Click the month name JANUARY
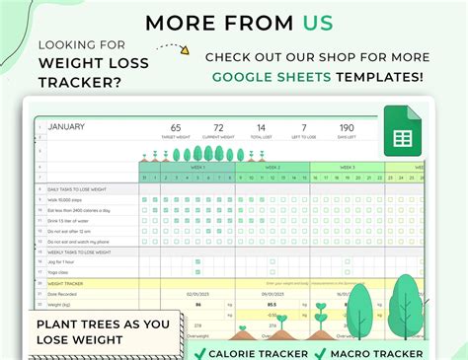pos(66,126)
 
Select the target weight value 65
pos(175,127)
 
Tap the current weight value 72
pos(219,127)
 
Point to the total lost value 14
pos(261,127)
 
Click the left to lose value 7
pos(304,127)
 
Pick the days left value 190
pos(346,127)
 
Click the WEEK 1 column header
pos(196,168)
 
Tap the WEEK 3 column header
pos(347,168)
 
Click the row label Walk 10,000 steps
pos(65,198)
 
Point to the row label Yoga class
pos(58,272)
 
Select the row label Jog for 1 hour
pos(61,261)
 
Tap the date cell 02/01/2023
pos(198,293)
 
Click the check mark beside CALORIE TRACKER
pos(200,353)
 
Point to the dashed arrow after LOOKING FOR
pos(172,46)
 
